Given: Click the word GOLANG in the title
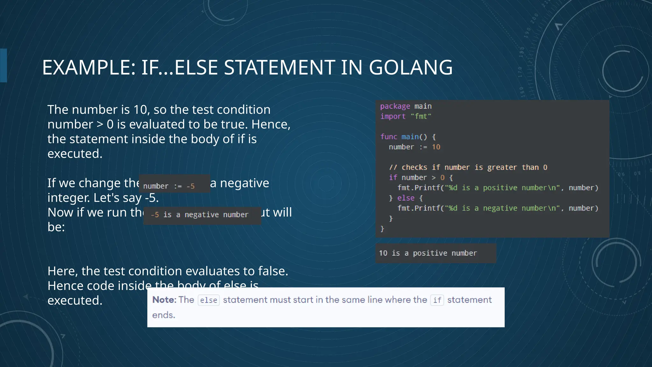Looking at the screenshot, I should [410, 68].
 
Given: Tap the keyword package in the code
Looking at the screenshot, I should [395, 106].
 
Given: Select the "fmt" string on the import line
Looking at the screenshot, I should [421, 117].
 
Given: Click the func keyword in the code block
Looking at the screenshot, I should [389, 137].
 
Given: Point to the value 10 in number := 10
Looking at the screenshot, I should [436, 147].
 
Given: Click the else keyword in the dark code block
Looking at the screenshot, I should [406, 198].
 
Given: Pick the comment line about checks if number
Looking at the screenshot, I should [468, 168].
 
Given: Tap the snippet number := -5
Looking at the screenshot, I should [169, 186].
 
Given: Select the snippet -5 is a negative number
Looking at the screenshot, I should [200, 215].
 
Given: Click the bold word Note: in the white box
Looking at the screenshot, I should [164, 300].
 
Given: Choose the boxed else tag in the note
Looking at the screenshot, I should [209, 300].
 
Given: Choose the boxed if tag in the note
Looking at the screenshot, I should [437, 300].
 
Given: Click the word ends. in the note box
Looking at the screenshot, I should [164, 315].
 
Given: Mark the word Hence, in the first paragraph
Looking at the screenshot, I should [271, 124].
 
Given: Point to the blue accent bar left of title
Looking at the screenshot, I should [4, 65].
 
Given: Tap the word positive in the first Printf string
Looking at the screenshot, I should [500, 188].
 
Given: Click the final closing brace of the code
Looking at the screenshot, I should [382, 229].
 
